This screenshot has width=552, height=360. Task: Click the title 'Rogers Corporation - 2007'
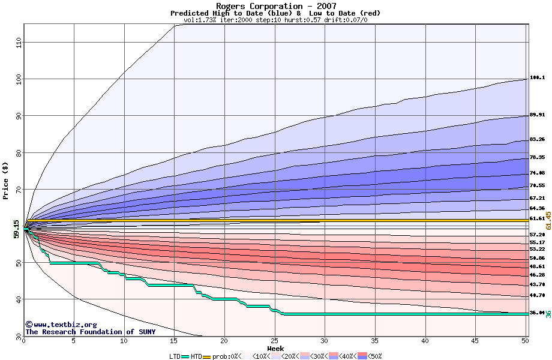coord(275,6)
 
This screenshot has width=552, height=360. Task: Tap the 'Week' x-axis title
coord(275,348)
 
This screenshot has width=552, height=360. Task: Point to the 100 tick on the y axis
coord(18,79)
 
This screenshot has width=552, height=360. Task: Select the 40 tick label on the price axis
coord(18,299)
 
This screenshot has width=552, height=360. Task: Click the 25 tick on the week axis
coord(275,341)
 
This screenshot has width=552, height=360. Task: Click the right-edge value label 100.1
coord(537,78)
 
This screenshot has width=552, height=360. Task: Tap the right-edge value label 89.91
coord(537,115)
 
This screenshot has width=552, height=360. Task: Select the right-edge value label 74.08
coord(537,173)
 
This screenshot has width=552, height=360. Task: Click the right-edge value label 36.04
coord(537,313)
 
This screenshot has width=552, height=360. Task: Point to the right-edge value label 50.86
coord(537,258)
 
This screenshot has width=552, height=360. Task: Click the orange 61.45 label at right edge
coord(548,220)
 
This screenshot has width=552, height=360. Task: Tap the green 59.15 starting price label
coord(16,229)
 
